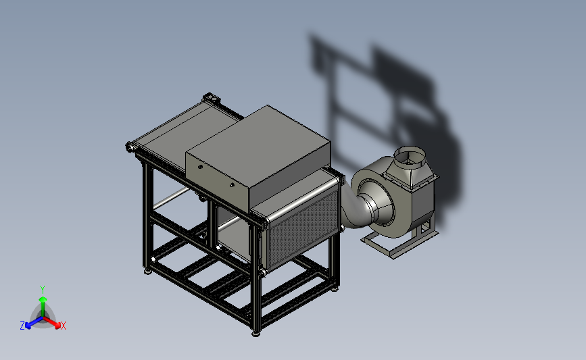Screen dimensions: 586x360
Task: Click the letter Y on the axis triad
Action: (x=42, y=290)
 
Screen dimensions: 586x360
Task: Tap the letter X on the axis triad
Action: (x=63, y=326)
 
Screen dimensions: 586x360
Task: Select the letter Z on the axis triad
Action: (x=22, y=326)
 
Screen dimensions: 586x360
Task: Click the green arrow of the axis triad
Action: (x=43, y=306)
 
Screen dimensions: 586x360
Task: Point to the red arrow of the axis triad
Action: (x=52, y=323)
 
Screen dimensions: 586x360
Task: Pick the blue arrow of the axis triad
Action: (x=34, y=323)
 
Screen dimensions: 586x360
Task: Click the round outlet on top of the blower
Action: (x=410, y=155)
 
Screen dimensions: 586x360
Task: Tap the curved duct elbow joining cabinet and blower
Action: (x=355, y=209)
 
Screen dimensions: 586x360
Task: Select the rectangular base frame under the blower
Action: (x=399, y=243)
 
